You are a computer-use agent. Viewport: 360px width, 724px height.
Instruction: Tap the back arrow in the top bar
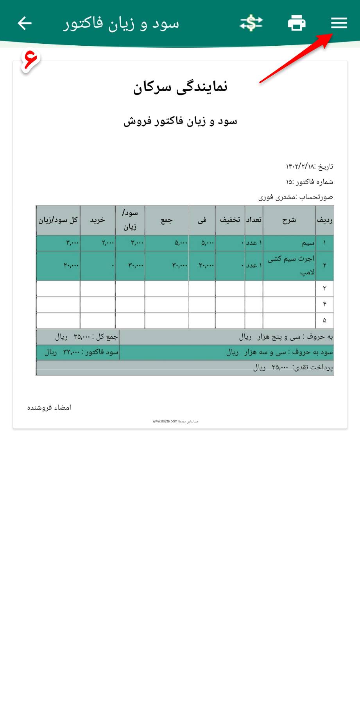tap(24, 23)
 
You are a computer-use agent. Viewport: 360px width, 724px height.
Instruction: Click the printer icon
tap(296, 23)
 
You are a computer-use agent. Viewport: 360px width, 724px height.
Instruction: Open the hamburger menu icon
tap(339, 23)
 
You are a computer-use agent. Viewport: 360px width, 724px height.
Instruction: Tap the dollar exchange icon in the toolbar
tap(251, 23)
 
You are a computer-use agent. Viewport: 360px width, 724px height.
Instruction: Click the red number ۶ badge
tap(30, 59)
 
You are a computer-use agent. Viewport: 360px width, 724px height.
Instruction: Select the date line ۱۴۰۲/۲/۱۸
tap(309, 166)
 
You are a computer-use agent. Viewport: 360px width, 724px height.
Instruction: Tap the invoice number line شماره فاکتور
tap(309, 182)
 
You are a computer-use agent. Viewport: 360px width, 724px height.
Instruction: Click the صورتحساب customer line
tap(296, 197)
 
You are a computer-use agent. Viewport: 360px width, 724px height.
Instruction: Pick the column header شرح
tap(289, 220)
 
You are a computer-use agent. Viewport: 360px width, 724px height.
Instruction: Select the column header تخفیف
tap(230, 220)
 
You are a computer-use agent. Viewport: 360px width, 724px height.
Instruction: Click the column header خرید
tap(97, 220)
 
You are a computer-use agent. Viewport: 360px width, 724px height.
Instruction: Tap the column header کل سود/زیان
tap(58, 220)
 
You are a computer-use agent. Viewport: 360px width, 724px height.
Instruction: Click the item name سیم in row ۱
tap(308, 243)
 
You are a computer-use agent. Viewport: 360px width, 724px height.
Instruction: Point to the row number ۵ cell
tap(324, 320)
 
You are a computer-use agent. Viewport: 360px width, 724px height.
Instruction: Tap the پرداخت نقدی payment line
tap(293, 367)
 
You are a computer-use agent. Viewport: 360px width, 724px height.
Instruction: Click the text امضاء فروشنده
tap(49, 408)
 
